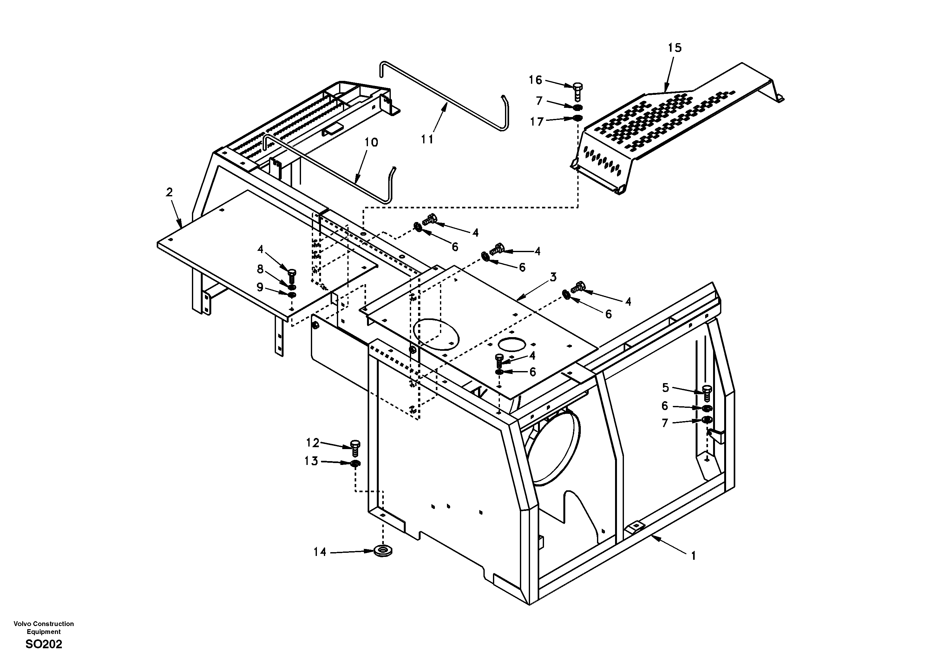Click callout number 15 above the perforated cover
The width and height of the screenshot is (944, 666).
click(x=674, y=48)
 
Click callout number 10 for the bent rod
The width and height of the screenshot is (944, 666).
click(x=371, y=143)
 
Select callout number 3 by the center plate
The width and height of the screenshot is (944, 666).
click(x=553, y=277)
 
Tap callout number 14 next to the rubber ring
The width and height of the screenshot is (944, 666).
click(x=320, y=552)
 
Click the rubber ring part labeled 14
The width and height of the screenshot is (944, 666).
click(x=383, y=551)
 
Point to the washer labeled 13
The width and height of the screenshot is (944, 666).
click(x=356, y=464)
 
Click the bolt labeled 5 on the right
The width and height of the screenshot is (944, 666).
click(x=707, y=393)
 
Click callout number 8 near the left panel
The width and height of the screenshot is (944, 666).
click(x=260, y=269)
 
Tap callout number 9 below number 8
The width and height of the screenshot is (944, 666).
click(x=260, y=287)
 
